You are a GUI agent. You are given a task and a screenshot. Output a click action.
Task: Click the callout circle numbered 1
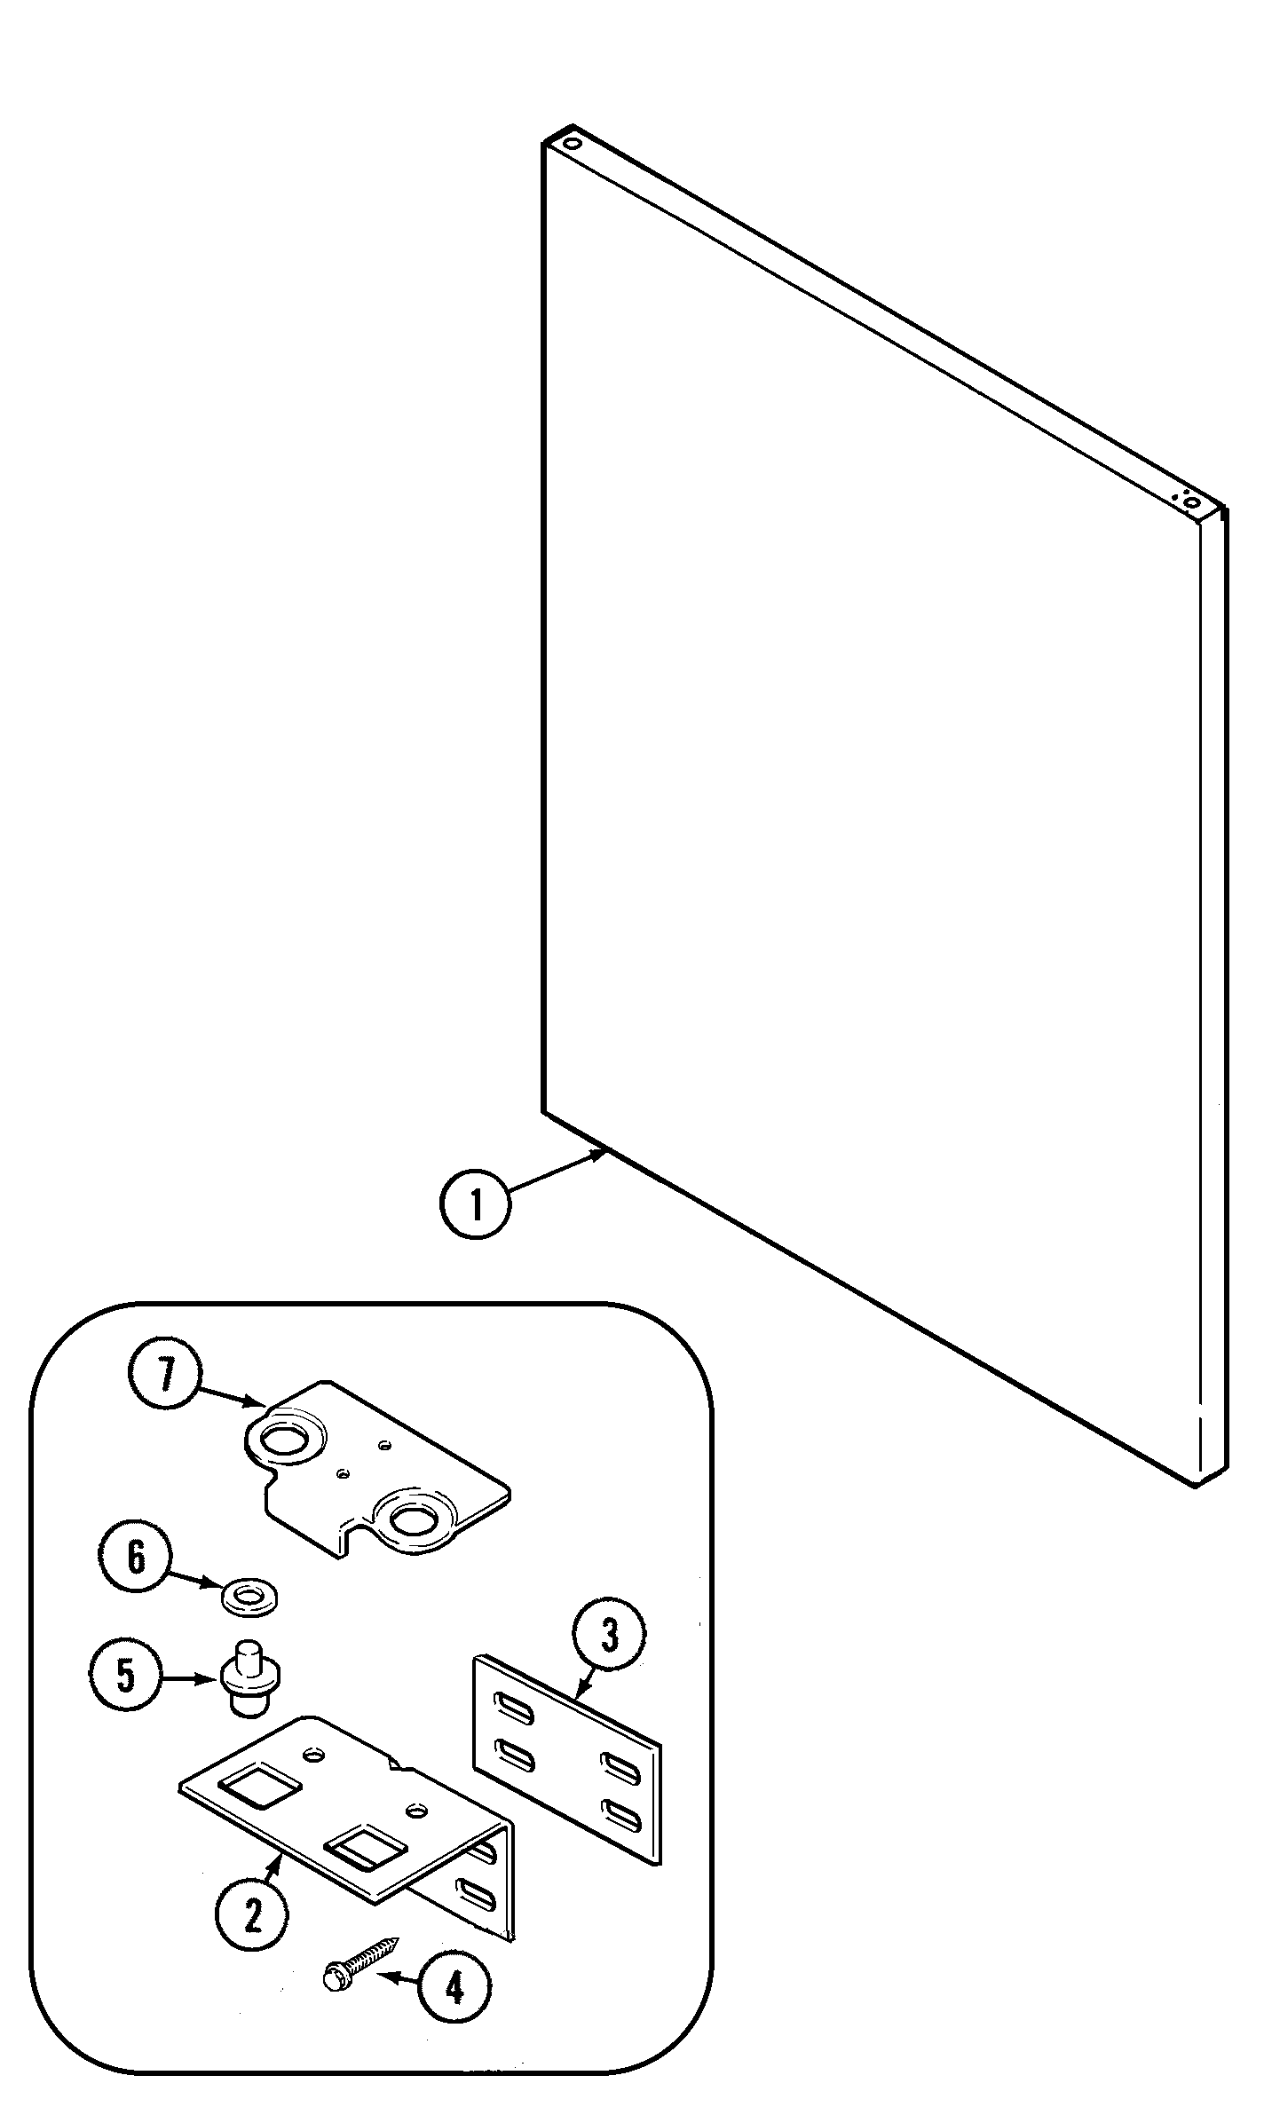point(476,1206)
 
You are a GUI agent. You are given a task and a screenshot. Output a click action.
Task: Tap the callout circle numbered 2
point(252,1918)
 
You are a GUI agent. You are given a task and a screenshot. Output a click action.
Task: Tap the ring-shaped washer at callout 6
point(249,1597)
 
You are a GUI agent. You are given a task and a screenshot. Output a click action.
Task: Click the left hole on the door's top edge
point(573,142)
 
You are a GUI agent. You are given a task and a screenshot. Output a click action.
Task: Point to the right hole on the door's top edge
point(1191,503)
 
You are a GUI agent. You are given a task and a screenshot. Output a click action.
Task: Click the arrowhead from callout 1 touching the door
point(600,1155)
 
